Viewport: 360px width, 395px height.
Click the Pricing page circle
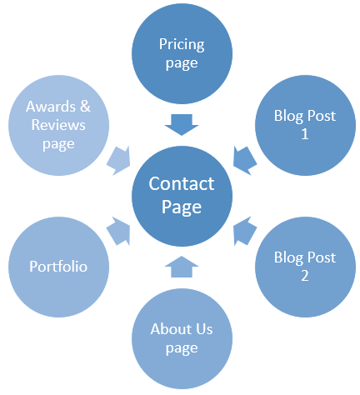pos(182,53)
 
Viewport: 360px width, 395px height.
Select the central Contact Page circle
pos(182,196)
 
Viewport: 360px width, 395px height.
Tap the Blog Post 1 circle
pos(305,125)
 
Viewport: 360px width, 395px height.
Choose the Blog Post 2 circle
pos(305,267)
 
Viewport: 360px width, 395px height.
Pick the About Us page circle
pos(182,338)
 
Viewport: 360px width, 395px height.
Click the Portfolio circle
pos(58,267)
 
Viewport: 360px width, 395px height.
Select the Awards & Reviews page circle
pos(58,125)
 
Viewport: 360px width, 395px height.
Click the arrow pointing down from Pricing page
pos(182,124)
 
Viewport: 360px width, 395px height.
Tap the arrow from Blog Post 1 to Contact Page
pos(245,161)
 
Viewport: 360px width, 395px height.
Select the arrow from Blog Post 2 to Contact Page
pos(245,232)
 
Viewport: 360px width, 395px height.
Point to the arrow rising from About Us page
pos(182,267)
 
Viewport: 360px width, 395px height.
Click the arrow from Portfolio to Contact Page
pos(118,232)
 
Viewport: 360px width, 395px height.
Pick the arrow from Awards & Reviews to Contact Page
pos(118,161)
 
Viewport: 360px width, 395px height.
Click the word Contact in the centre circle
pos(182,183)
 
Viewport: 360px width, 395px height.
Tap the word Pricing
pos(182,45)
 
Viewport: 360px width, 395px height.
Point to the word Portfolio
pos(58,266)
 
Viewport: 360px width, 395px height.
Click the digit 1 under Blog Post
pos(305,134)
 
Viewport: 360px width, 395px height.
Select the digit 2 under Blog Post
pos(305,276)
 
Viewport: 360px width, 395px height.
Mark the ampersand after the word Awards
pos(85,107)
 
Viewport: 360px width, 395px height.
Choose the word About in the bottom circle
pos(171,329)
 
